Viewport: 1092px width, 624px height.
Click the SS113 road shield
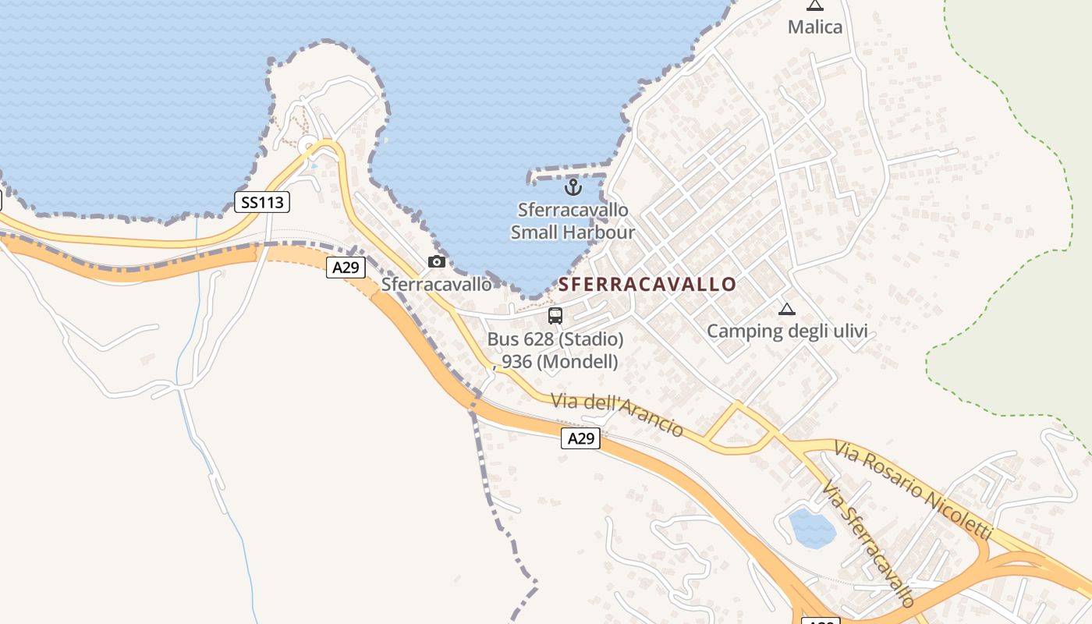(x=262, y=203)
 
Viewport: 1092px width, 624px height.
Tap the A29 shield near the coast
(x=346, y=268)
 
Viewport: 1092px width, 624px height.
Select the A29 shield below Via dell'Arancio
(x=580, y=438)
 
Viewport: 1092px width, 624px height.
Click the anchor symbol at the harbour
(x=573, y=187)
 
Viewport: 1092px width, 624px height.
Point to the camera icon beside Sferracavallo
(x=437, y=261)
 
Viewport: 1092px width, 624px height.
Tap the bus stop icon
(x=555, y=316)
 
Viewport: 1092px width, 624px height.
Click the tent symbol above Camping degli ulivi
(x=786, y=309)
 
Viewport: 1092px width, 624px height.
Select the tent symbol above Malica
(x=815, y=5)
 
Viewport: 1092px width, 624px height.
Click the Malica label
(x=815, y=27)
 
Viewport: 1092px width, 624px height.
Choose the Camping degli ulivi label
(x=787, y=331)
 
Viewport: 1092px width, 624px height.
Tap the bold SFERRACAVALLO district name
(x=647, y=284)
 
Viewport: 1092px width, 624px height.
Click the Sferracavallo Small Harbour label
(x=573, y=221)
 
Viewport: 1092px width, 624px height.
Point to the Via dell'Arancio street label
(x=617, y=414)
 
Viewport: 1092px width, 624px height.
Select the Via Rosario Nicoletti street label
(x=913, y=490)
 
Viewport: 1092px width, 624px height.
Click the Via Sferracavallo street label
(x=867, y=544)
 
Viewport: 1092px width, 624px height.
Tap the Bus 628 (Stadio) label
(x=555, y=339)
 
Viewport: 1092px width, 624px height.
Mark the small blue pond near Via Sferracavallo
(x=812, y=528)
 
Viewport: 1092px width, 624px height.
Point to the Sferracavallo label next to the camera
(x=437, y=284)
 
